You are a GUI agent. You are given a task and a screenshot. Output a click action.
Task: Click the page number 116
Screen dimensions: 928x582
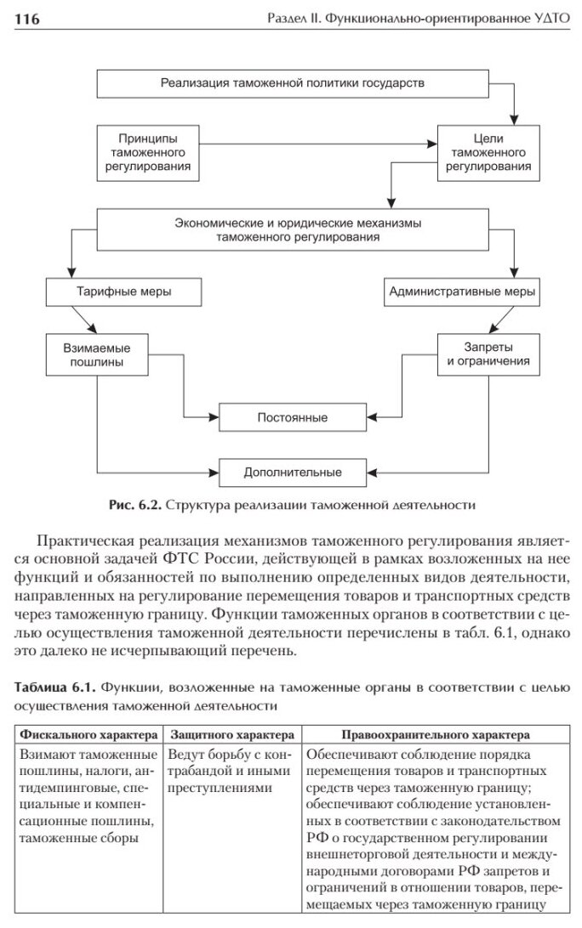click(x=29, y=20)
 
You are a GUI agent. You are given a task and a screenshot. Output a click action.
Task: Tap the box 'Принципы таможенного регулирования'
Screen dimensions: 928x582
click(x=150, y=153)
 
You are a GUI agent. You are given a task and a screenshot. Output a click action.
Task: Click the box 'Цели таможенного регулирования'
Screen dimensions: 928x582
click(x=489, y=153)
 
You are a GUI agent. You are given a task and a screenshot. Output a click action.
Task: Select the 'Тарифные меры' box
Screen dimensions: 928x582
click(x=124, y=291)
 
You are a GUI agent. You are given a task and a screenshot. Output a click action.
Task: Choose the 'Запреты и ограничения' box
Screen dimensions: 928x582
click(x=489, y=354)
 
